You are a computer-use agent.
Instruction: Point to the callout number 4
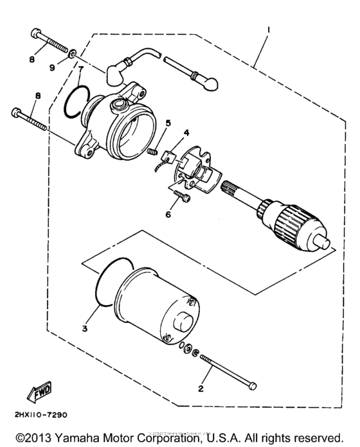(186, 134)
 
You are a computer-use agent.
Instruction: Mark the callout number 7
(81, 67)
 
